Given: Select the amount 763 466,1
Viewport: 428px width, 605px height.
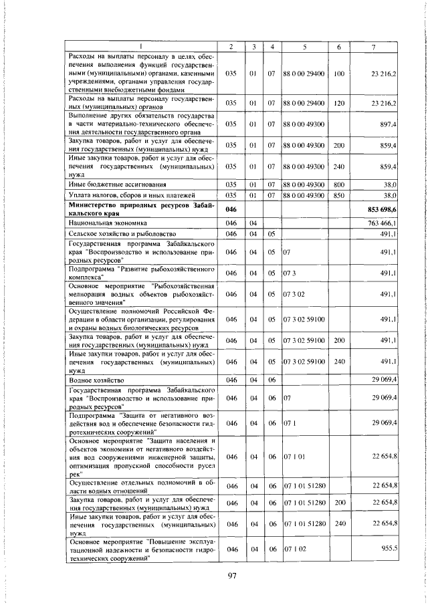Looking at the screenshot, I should click(x=384, y=222).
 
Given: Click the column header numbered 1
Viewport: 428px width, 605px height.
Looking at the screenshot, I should click(x=140, y=45).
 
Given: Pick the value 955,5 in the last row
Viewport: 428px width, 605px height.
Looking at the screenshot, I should click(x=389, y=548).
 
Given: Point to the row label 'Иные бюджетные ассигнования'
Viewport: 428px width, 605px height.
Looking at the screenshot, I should click(x=114, y=183).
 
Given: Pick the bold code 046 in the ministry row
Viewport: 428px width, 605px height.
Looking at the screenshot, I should click(x=231, y=210).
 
